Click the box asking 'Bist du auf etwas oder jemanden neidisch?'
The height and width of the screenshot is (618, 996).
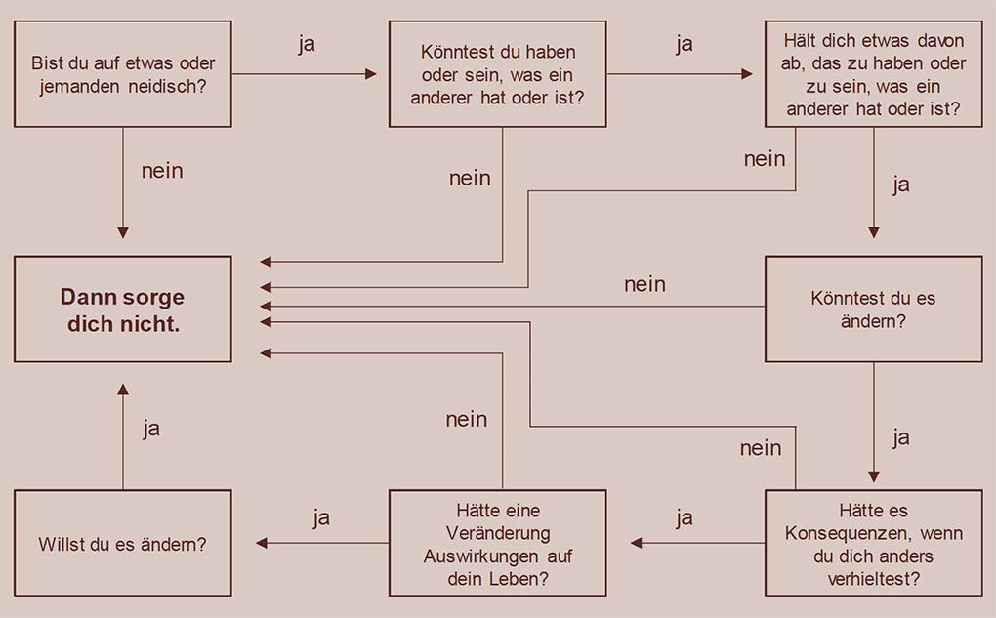point(123,74)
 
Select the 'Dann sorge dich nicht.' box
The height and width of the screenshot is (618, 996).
point(123,309)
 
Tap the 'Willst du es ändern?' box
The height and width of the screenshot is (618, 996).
point(123,544)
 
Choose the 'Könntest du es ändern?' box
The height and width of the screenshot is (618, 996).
point(873,309)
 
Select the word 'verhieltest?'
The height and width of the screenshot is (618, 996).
point(873,578)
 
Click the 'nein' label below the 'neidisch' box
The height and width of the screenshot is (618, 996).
point(162,171)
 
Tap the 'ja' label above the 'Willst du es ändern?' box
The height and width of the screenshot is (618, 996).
point(151,429)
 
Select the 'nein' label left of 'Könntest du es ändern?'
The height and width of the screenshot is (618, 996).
point(644,284)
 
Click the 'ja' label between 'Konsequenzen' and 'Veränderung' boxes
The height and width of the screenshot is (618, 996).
point(684,517)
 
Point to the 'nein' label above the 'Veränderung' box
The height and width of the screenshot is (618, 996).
point(467,419)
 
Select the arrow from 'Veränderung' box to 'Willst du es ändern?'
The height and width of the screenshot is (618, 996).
point(322,543)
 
